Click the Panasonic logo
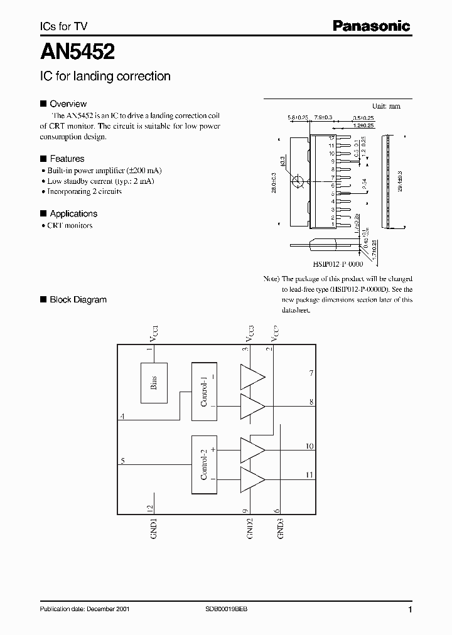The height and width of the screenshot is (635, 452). pos(370,26)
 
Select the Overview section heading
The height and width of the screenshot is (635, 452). pos(68,104)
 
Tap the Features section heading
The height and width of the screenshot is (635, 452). pos(67,159)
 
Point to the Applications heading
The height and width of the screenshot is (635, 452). pos(73,213)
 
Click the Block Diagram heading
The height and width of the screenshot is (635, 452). pos(78,299)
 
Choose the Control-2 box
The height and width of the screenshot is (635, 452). pos(205,465)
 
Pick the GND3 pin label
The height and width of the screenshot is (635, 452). pos(281,529)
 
